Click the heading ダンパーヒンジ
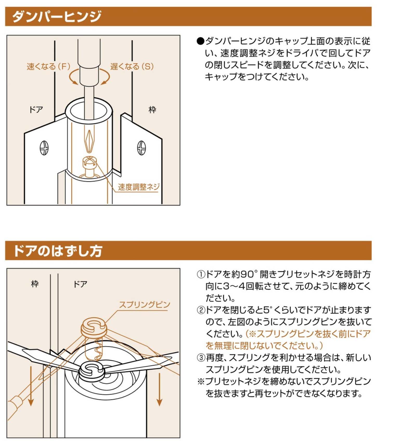point(56,16)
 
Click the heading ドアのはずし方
point(57,251)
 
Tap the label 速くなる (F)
point(49,66)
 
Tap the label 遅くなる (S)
point(132,66)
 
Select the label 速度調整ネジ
point(138,187)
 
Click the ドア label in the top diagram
point(36,109)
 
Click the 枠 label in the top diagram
point(152,110)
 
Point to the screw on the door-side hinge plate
point(44,148)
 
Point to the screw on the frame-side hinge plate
point(141,148)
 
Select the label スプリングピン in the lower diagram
point(144,304)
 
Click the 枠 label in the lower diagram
point(35,284)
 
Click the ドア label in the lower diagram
point(80,284)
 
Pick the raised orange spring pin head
point(94,327)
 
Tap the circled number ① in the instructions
point(201,274)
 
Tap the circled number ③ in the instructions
point(201,358)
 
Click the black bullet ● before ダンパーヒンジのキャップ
point(200,41)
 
